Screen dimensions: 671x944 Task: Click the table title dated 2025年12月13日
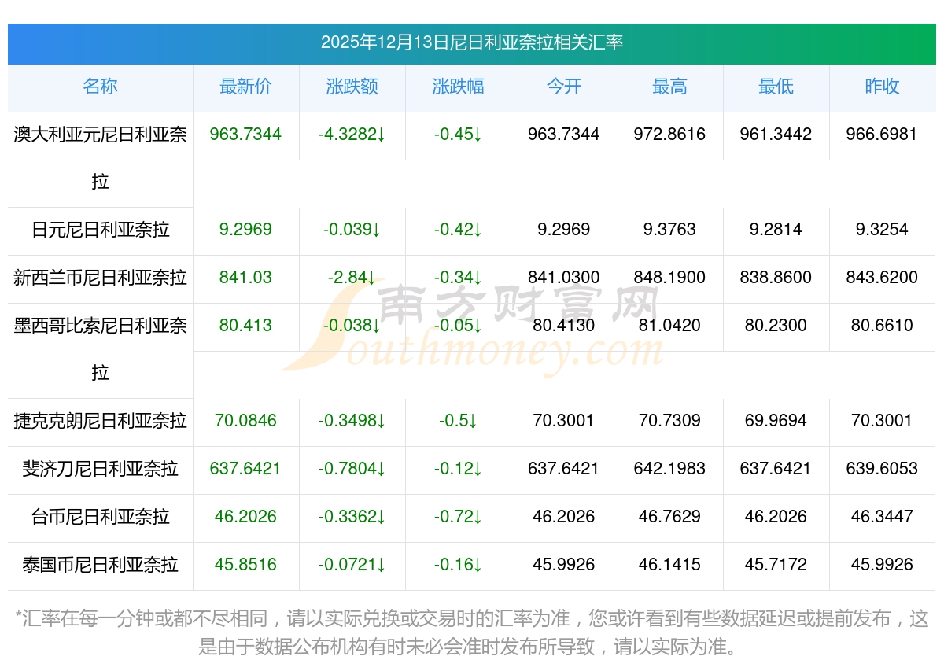click(471, 42)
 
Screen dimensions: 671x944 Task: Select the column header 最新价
click(245, 87)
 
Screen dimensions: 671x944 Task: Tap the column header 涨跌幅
click(458, 87)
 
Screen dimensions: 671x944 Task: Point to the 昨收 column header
click(882, 87)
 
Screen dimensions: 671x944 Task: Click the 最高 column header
click(669, 87)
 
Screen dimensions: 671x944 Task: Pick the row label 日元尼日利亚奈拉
click(100, 230)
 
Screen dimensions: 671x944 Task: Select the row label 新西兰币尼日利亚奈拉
click(100, 278)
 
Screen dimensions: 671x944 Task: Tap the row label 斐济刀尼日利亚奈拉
click(100, 469)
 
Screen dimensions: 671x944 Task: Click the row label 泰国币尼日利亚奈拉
click(100, 565)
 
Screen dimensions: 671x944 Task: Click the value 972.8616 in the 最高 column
click(669, 135)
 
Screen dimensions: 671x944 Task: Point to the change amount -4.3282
click(352, 135)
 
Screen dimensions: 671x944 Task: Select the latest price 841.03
click(245, 278)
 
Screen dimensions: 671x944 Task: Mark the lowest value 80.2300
click(776, 326)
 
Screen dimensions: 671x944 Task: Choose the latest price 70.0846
click(245, 421)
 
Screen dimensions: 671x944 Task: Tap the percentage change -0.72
click(458, 517)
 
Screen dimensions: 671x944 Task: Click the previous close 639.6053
click(882, 469)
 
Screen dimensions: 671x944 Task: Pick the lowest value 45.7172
click(776, 565)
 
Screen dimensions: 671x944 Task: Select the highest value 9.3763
click(669, 230)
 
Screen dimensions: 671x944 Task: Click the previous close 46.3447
click(882, 517)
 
